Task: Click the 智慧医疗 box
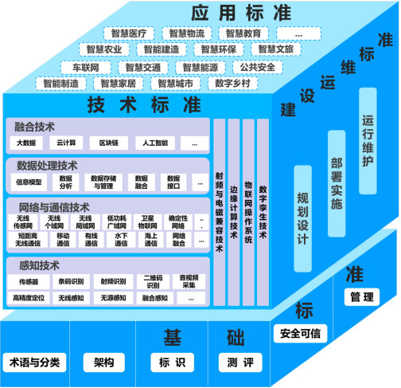[130, 33]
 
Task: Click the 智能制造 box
[62, 83]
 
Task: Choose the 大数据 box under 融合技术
[27, 143]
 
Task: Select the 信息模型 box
[29, 182]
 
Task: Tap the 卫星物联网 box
[147, 221]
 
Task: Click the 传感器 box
[29, 281]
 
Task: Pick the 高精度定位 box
[29, 298]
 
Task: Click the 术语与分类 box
[34, 363]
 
